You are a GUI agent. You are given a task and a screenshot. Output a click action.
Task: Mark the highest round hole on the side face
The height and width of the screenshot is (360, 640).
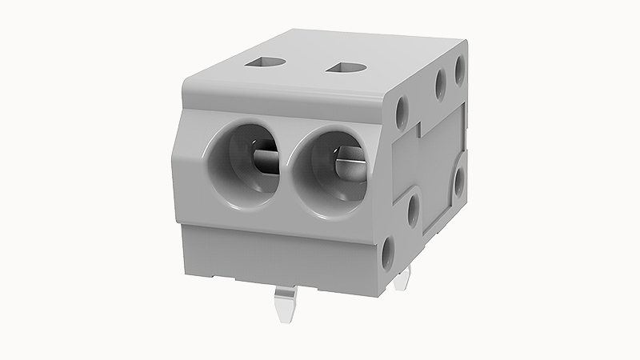click(461, 67)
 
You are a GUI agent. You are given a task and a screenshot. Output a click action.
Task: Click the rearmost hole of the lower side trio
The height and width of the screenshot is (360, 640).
click(458, 180)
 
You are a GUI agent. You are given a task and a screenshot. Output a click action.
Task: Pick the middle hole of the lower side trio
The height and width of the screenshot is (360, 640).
click(413, 210)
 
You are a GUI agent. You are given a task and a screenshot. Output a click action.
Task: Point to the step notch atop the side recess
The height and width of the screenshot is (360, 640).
click(419, 126)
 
